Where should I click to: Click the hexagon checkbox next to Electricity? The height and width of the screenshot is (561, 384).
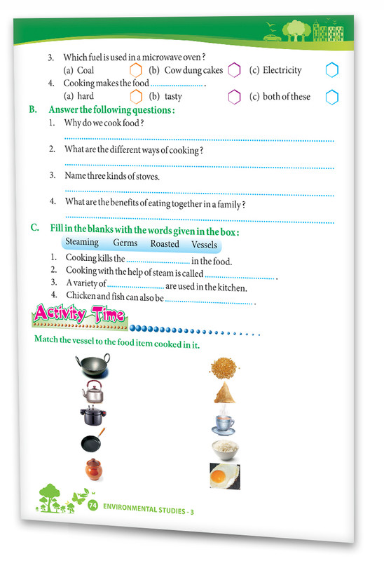(331, 71)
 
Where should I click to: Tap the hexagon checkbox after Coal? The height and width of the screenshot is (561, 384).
(136, 70)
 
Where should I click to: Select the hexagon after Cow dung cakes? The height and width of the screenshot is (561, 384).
(234, 70)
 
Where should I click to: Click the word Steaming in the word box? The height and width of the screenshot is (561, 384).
(82, 243)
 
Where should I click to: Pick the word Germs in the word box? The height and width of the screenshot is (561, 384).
(125, 243)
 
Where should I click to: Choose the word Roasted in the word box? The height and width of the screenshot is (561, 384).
(165, 245)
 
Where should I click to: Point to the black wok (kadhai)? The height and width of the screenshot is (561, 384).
(91, 365)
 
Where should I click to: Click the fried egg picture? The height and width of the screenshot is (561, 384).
(225, 477)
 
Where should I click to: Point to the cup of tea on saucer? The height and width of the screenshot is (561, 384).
(225, 423)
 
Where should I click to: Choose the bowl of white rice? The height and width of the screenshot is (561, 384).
(226, 449)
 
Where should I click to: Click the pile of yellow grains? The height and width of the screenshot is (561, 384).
(224, 366)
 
